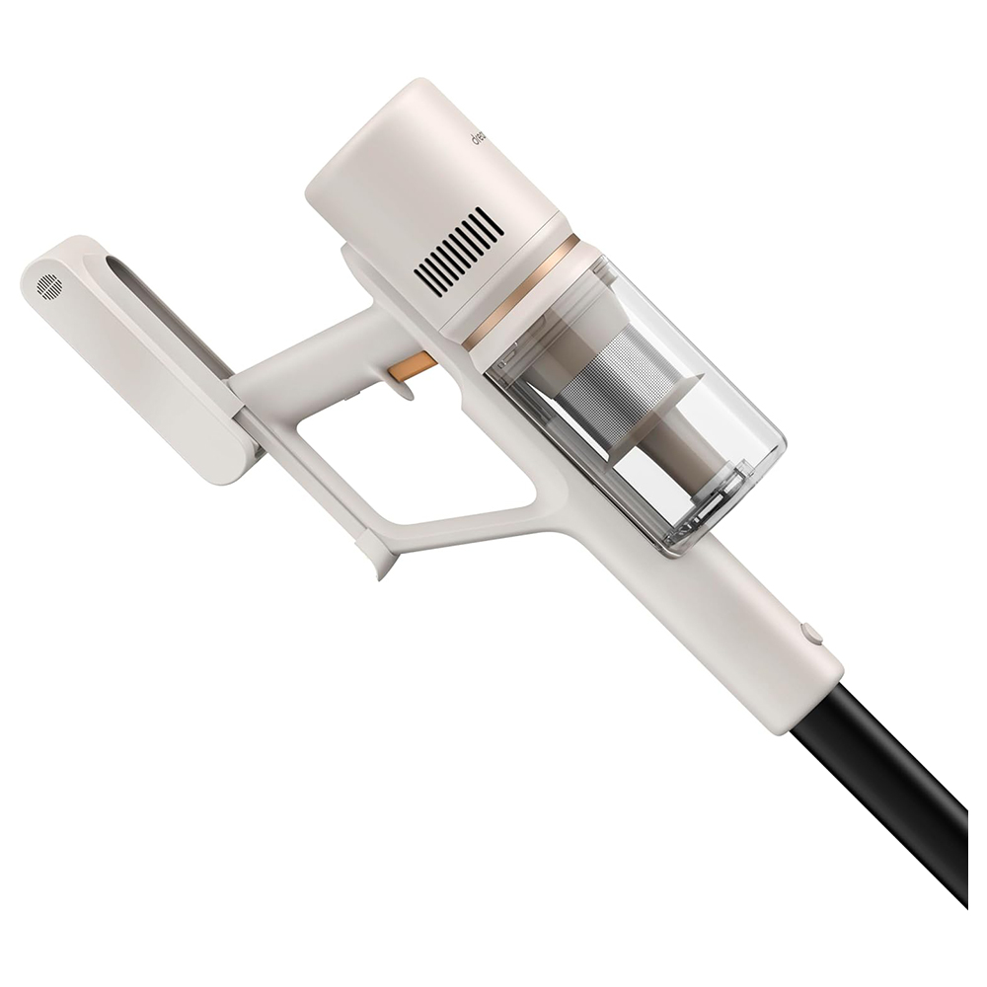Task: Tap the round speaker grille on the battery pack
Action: click(48, 286)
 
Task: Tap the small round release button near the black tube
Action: click(811, 633)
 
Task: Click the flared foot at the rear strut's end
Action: click(379, 565)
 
